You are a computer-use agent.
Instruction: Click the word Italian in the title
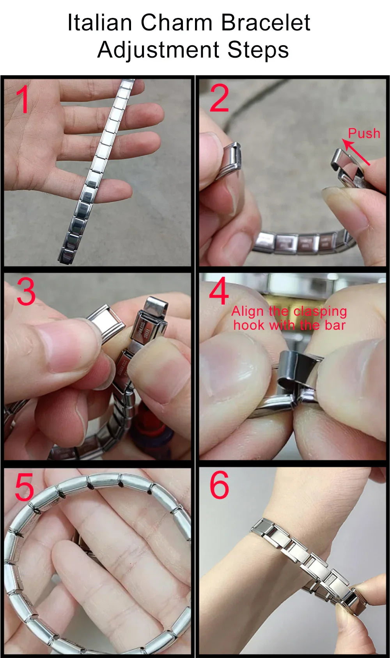click(x=100, y=23)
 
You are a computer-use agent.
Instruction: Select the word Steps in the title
click(x=258, y=50)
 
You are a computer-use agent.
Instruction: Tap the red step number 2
click(x=219, y=99)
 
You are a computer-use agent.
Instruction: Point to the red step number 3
click(x=26, y=292)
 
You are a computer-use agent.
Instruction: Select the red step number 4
click(x=219, y=291)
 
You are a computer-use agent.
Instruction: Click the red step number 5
click(x=24, y=487)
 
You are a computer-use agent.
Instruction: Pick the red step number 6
click(x=219, y=485)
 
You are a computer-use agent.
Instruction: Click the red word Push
click(x=364, y=133)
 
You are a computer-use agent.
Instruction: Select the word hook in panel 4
click(x=248, y=325)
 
